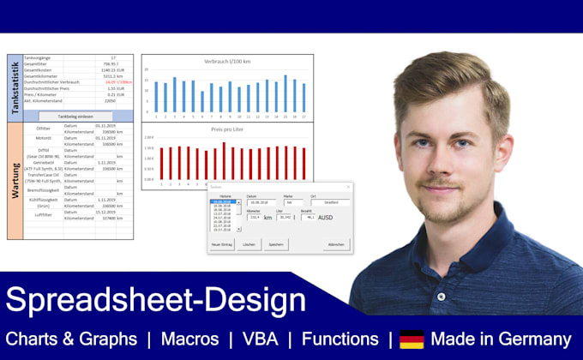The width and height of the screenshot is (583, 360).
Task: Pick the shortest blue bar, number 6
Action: point(202,101)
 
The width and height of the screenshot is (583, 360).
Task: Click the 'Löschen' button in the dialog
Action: point(249,244)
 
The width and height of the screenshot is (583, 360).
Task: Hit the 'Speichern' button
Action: point(276,244)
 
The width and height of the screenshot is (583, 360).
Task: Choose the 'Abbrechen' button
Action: point(337,244)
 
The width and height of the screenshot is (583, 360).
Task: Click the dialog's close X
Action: point(348,186)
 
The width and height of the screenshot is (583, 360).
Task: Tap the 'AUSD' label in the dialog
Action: point(326,218)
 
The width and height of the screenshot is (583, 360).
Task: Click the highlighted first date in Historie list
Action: point(220,202)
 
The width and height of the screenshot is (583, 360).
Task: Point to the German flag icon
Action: point(412,339)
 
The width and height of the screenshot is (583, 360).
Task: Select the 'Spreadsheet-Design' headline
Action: point(155,300)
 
